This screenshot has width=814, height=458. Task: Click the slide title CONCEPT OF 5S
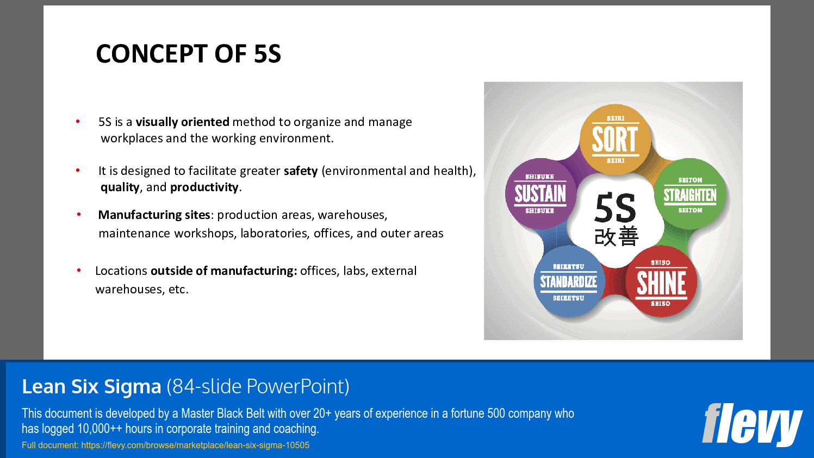[x=188, y=54]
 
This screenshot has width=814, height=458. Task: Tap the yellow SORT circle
[x=615, y=140]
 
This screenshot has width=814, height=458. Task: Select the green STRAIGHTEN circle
[x=689, y=195]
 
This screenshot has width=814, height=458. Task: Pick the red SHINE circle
[x=661, y=283]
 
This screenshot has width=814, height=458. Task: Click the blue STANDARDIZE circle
[x=568, y=281]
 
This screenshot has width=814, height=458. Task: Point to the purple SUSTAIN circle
[x=540, y=194]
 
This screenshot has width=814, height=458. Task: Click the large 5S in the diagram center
[x=615, y=208]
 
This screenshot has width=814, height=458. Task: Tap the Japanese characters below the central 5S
[x=616, y=237]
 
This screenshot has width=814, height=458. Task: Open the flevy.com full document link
[x=195, y=446]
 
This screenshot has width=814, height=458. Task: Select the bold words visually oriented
[x=182, y=122]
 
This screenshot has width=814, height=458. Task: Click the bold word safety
[x=300, y=171]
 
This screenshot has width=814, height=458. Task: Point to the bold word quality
[x=120, y=187]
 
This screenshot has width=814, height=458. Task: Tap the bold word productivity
[x=204, y=187]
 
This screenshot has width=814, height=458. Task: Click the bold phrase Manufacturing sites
[x=154, y=215]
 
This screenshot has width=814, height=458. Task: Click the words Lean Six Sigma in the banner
[x=91, y=386]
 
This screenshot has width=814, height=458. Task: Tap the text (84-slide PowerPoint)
[x=258, y=386]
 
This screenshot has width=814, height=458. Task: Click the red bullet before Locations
[x=79, y=270]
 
